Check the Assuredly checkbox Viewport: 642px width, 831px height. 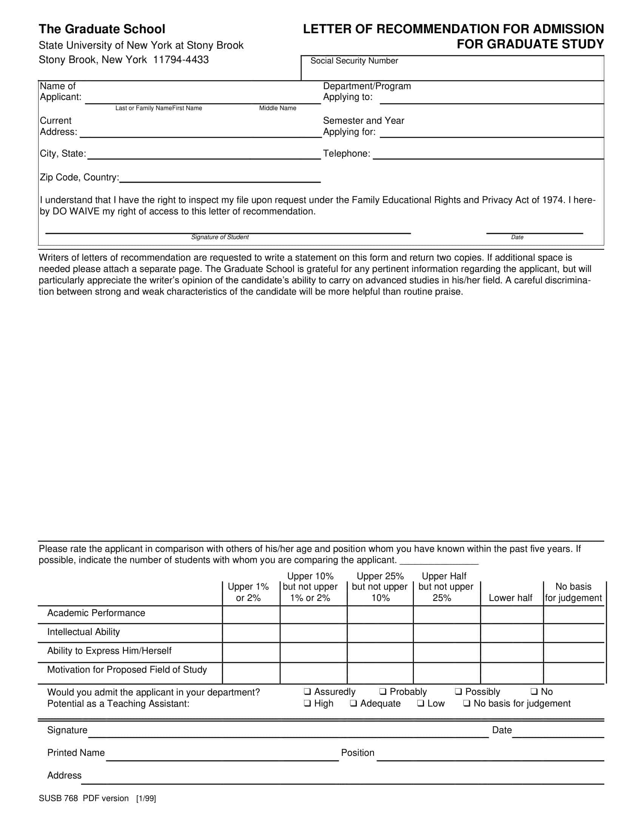307,691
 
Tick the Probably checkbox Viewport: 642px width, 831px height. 383,691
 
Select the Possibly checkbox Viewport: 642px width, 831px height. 458,691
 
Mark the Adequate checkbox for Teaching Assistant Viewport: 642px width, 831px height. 353,703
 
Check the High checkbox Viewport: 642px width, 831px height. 307,703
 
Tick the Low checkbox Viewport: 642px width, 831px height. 420,703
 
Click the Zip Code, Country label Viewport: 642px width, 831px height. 79,177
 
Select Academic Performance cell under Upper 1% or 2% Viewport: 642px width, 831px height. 251,614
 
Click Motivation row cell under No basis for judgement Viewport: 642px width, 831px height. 574,672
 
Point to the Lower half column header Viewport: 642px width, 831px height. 510,598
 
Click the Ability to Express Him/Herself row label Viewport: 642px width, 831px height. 109,651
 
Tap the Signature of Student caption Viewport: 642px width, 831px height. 220,237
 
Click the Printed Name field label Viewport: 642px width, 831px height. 76,752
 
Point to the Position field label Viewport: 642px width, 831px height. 357,752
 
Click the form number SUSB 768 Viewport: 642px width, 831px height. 58,798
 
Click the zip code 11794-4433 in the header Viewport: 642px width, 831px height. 181,60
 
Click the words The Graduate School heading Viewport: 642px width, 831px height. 102,29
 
